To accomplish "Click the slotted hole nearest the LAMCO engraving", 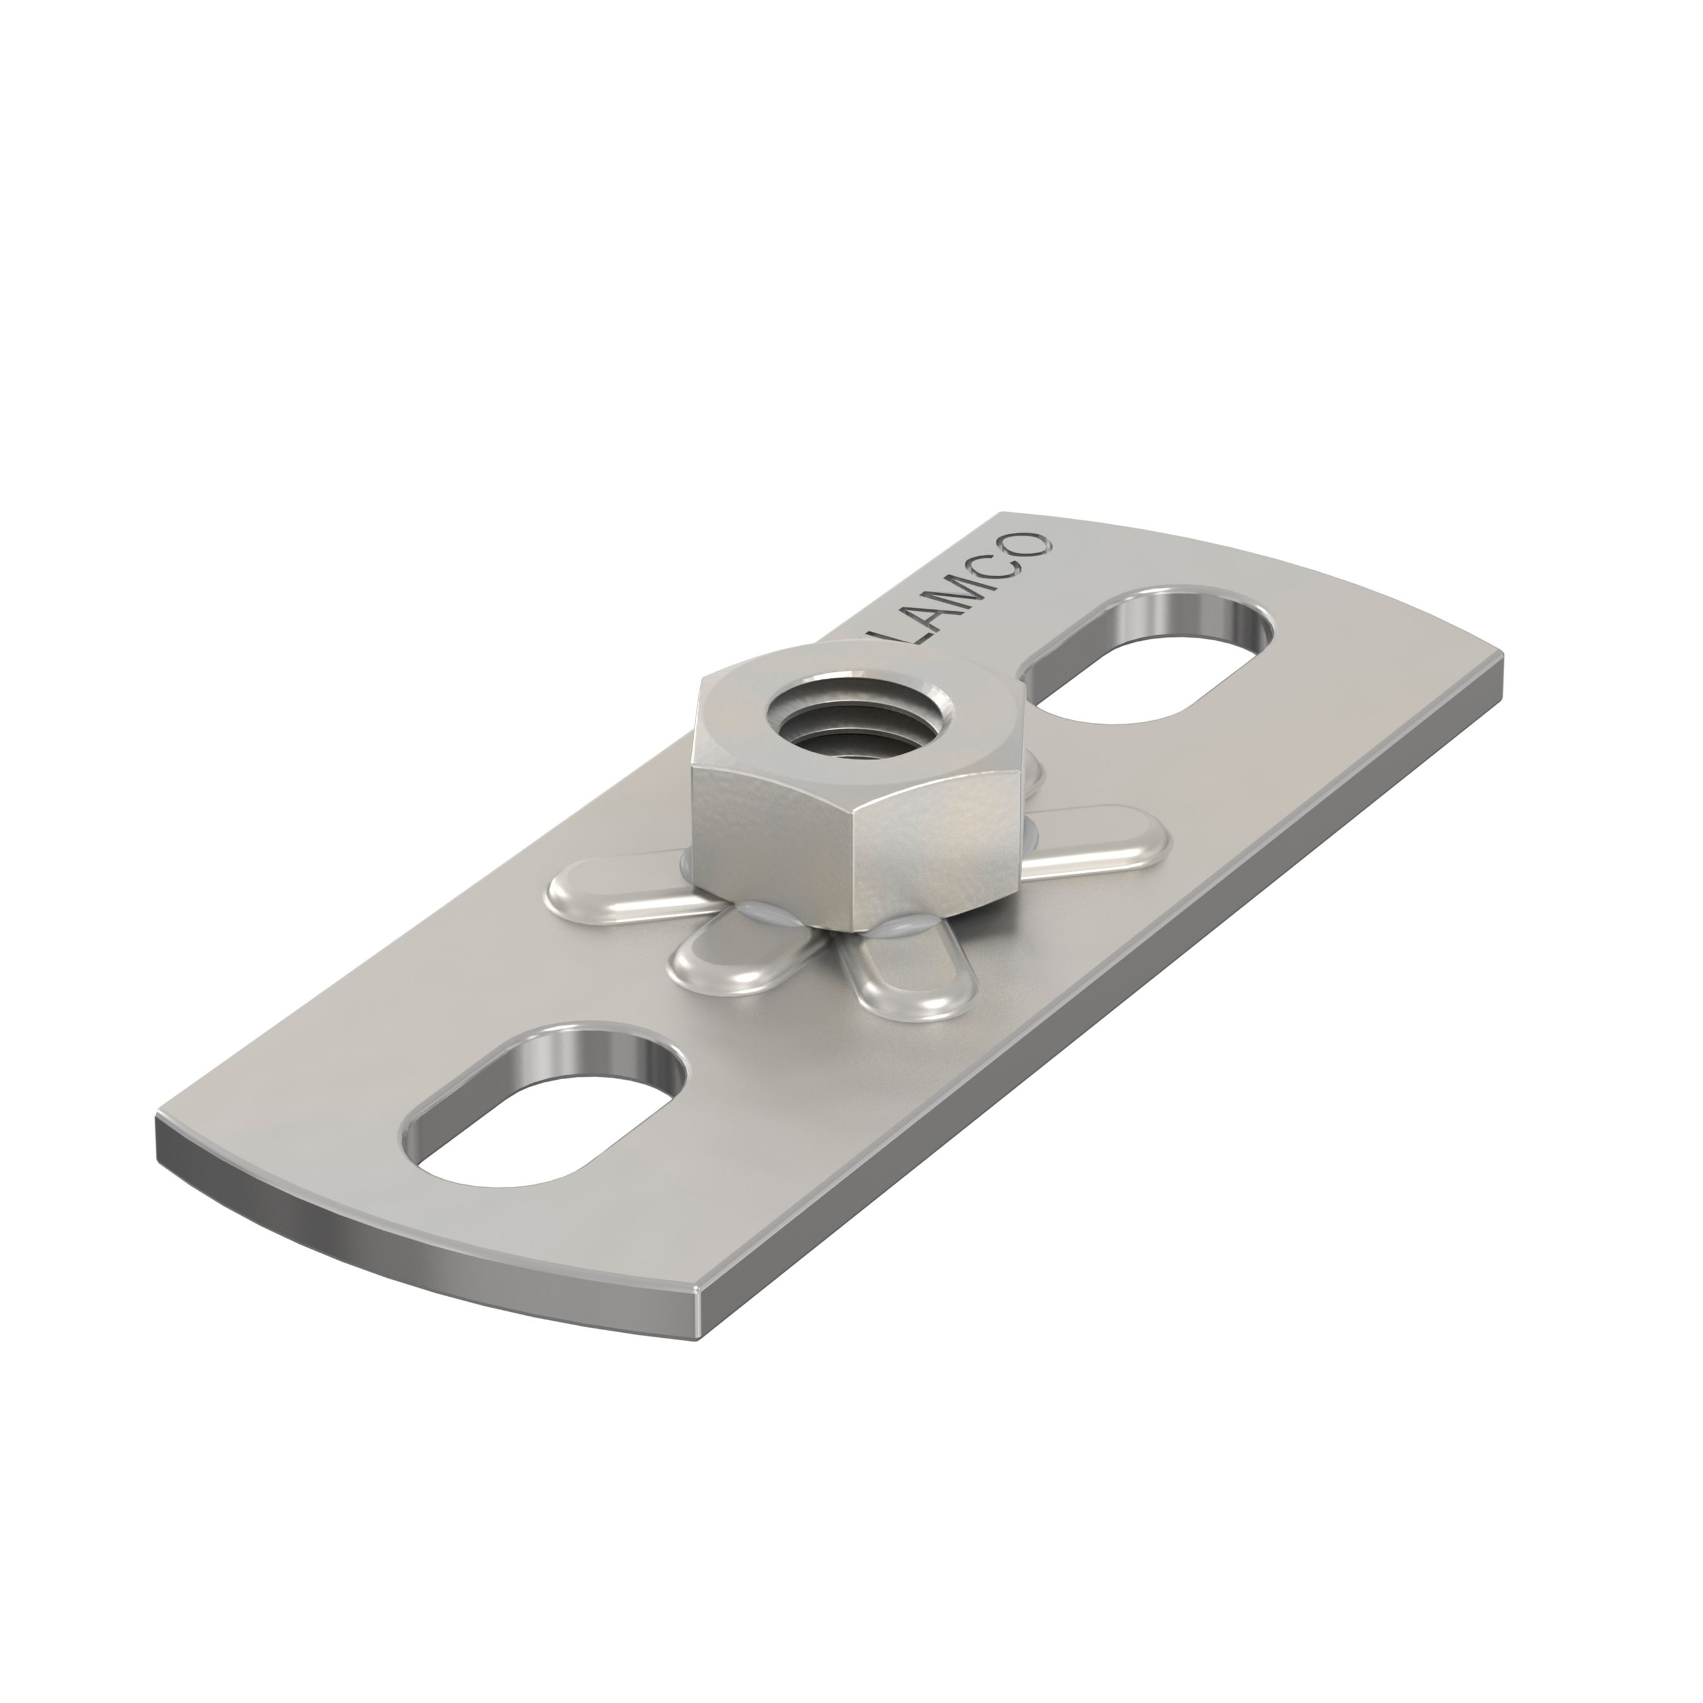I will (1150, 657).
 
